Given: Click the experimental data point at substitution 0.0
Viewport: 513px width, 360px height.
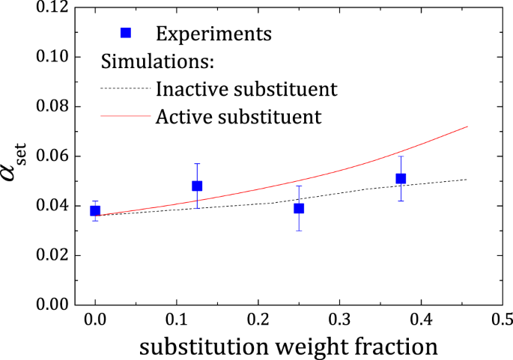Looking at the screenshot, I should pos(95,210).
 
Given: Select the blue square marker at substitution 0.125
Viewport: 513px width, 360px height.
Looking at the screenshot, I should pos(197,186).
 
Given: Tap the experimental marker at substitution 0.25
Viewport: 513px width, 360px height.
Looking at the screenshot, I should pos(299,208).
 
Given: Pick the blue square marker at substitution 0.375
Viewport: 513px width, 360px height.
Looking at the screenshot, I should pos(401,178).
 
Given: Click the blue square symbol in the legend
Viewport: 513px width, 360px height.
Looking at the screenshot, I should pos(126,33).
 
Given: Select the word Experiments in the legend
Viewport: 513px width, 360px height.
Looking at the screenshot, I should pos(213,34).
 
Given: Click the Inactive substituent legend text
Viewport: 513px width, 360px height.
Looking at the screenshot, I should pos(246,89).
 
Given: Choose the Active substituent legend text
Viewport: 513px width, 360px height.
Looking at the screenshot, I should pos(239,117).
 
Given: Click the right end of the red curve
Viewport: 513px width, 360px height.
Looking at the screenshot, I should pos(467,126).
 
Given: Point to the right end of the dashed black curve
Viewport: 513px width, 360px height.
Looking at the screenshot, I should pos(467,180).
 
